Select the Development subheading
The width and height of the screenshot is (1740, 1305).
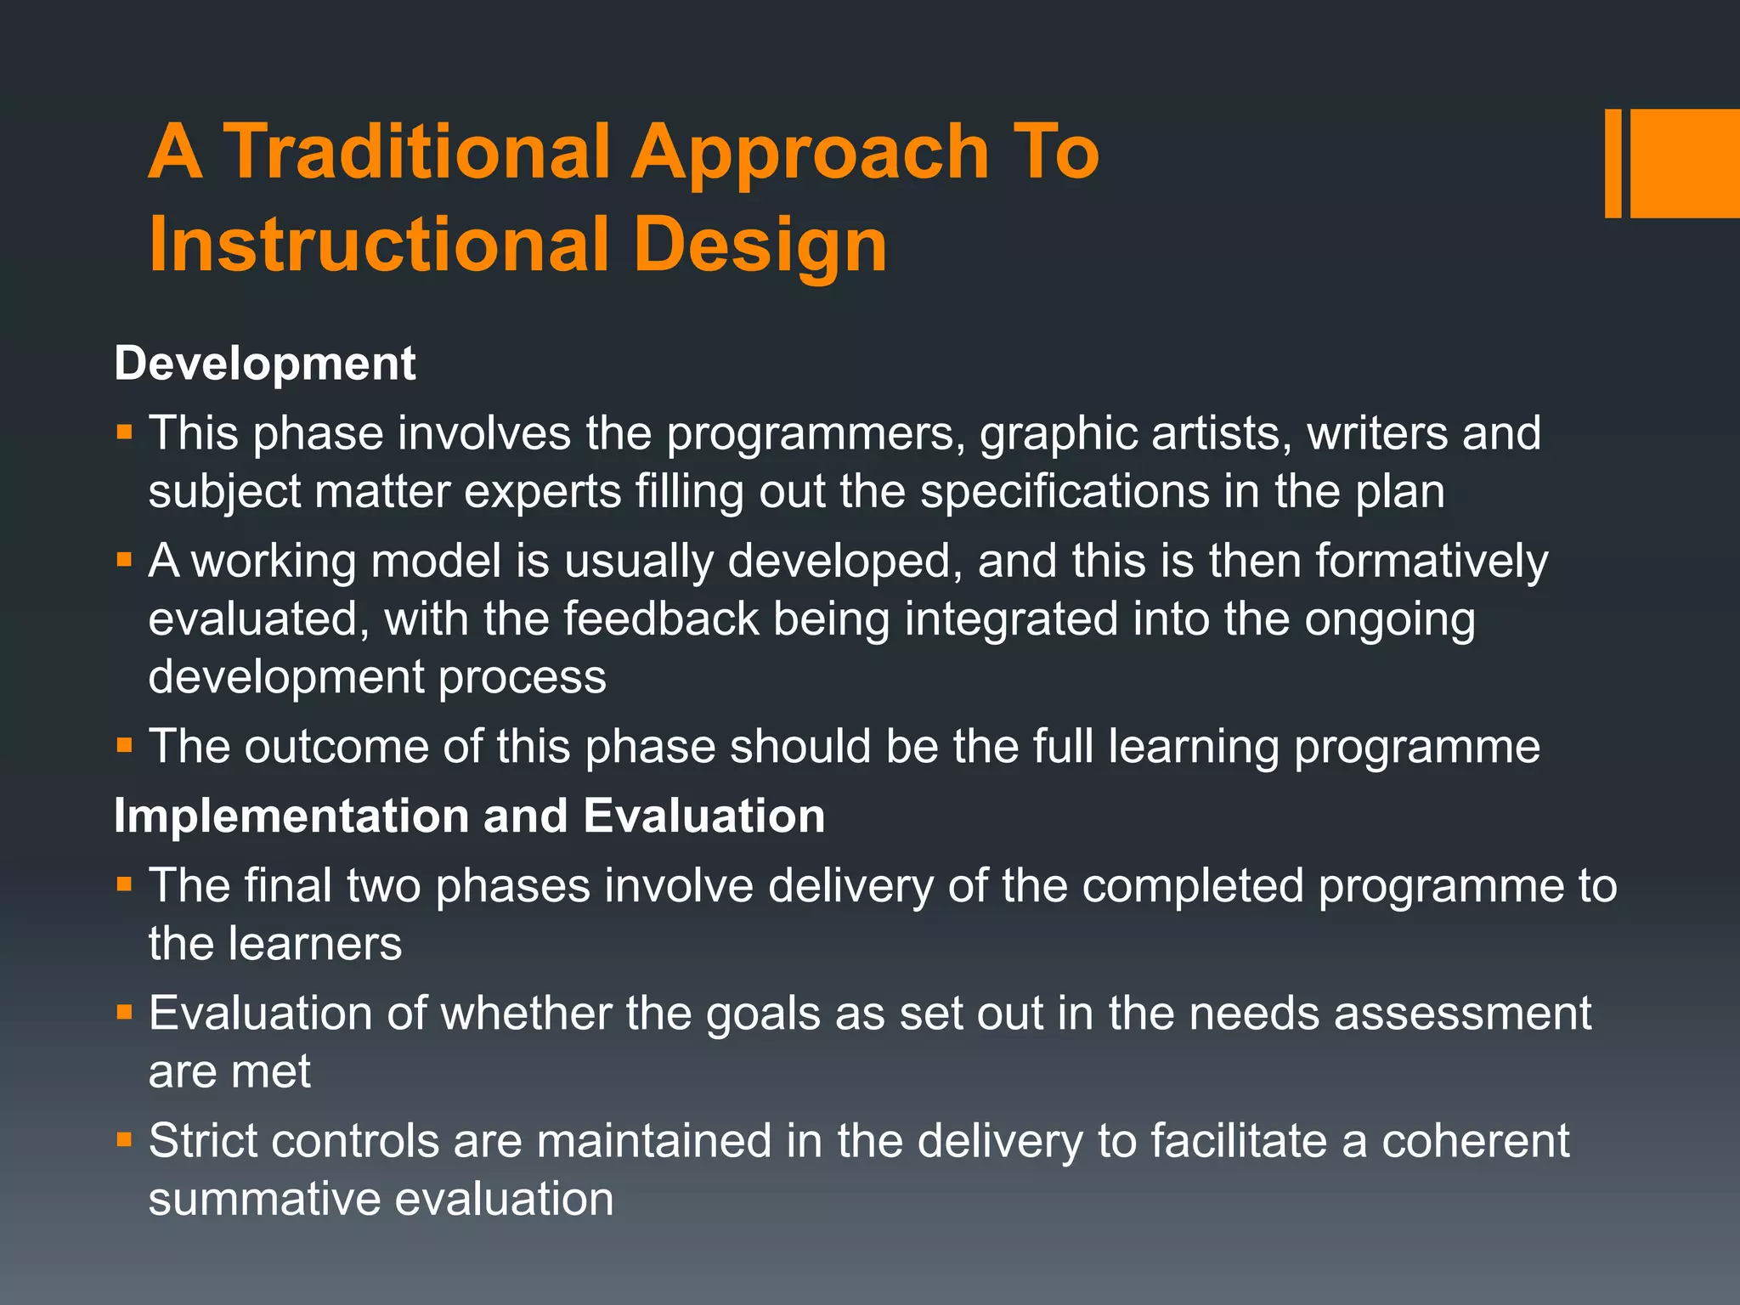click(x=264, y=364)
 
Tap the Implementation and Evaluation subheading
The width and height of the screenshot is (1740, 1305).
click(x=469, y=816)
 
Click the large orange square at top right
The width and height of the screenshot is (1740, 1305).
click(x=1685, y=163)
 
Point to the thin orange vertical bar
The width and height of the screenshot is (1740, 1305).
click(x=1613, y=163)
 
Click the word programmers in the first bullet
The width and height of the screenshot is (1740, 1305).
click(x=815, y=433)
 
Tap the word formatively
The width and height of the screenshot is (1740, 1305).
click(x=1432, y=562)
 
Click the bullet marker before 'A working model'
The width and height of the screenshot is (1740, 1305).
click(x=125, y=559)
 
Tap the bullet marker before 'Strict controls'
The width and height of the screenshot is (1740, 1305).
click(x=125, y=1138)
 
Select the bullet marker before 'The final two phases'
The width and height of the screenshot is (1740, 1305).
click(x=125, y=884)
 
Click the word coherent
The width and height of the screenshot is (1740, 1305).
click(x=1475, y=1141)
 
